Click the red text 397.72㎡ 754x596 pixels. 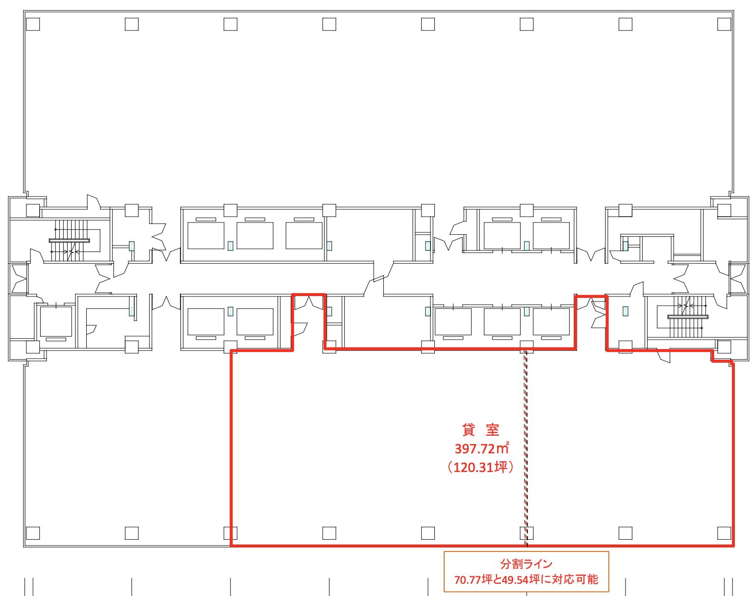[x=482, y=448]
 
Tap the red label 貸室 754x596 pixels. [x=480, y=429]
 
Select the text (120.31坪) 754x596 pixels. [x=480, y=467]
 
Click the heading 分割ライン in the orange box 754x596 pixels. [x=526, y=564]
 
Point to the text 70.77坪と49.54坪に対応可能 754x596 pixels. [x=526, y=580]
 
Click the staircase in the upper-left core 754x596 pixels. [x=70, y=241]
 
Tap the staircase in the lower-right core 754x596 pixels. [x=687, y=317]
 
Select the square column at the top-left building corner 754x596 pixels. [x=33, y=24]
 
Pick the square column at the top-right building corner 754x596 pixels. [x=724, y=24]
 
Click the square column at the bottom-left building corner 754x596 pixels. [x=33, y=533]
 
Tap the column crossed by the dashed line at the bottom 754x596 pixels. [x=527, y=533]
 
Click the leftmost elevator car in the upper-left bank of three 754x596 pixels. [x=206, y=235]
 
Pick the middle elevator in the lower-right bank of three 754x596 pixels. [x=502, y=322]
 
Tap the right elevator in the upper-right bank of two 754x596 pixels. [x=551, y=235]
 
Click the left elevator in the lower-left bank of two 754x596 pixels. [x=206, y=322]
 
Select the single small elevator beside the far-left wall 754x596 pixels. [x=56, y=322]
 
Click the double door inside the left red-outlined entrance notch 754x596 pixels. [x=309, y=303]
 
